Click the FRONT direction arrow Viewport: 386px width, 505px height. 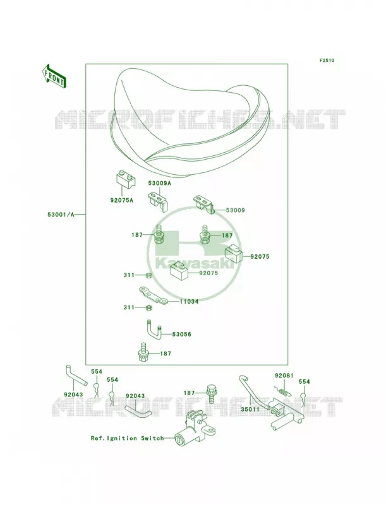pyautogui.click(x=54, y=76)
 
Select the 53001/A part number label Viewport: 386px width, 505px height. pyautogui.click(x=61, y=215)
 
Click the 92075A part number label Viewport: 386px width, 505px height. pyautogui.click(x=121, y=200)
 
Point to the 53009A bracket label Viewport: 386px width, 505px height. pyautogui.click(x=159, y=183)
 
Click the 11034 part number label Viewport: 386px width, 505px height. pyautogui.click(x=189, y=302)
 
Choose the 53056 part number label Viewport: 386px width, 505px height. pyautogui.click(x=182, y=335)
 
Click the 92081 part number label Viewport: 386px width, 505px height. pyautogui.click(x=284, y=376)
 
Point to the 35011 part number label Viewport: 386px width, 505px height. pyautogui.click(x=250, y=410)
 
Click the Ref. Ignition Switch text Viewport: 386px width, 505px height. pyautogui.click(x=127, y=438)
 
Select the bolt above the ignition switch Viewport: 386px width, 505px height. pyautogui.click(x=212, y=393)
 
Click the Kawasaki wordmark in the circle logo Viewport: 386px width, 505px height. pyautogui.click(x=195, y=264)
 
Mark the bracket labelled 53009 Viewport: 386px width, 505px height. pyautogui.click(x=203, y=204)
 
